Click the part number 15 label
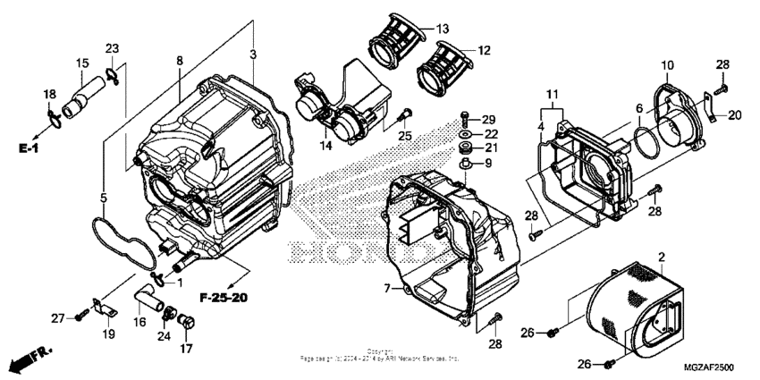82,63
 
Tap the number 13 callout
443,30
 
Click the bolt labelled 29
465,118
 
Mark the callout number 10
666,65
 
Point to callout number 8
180,61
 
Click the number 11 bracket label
552,94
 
